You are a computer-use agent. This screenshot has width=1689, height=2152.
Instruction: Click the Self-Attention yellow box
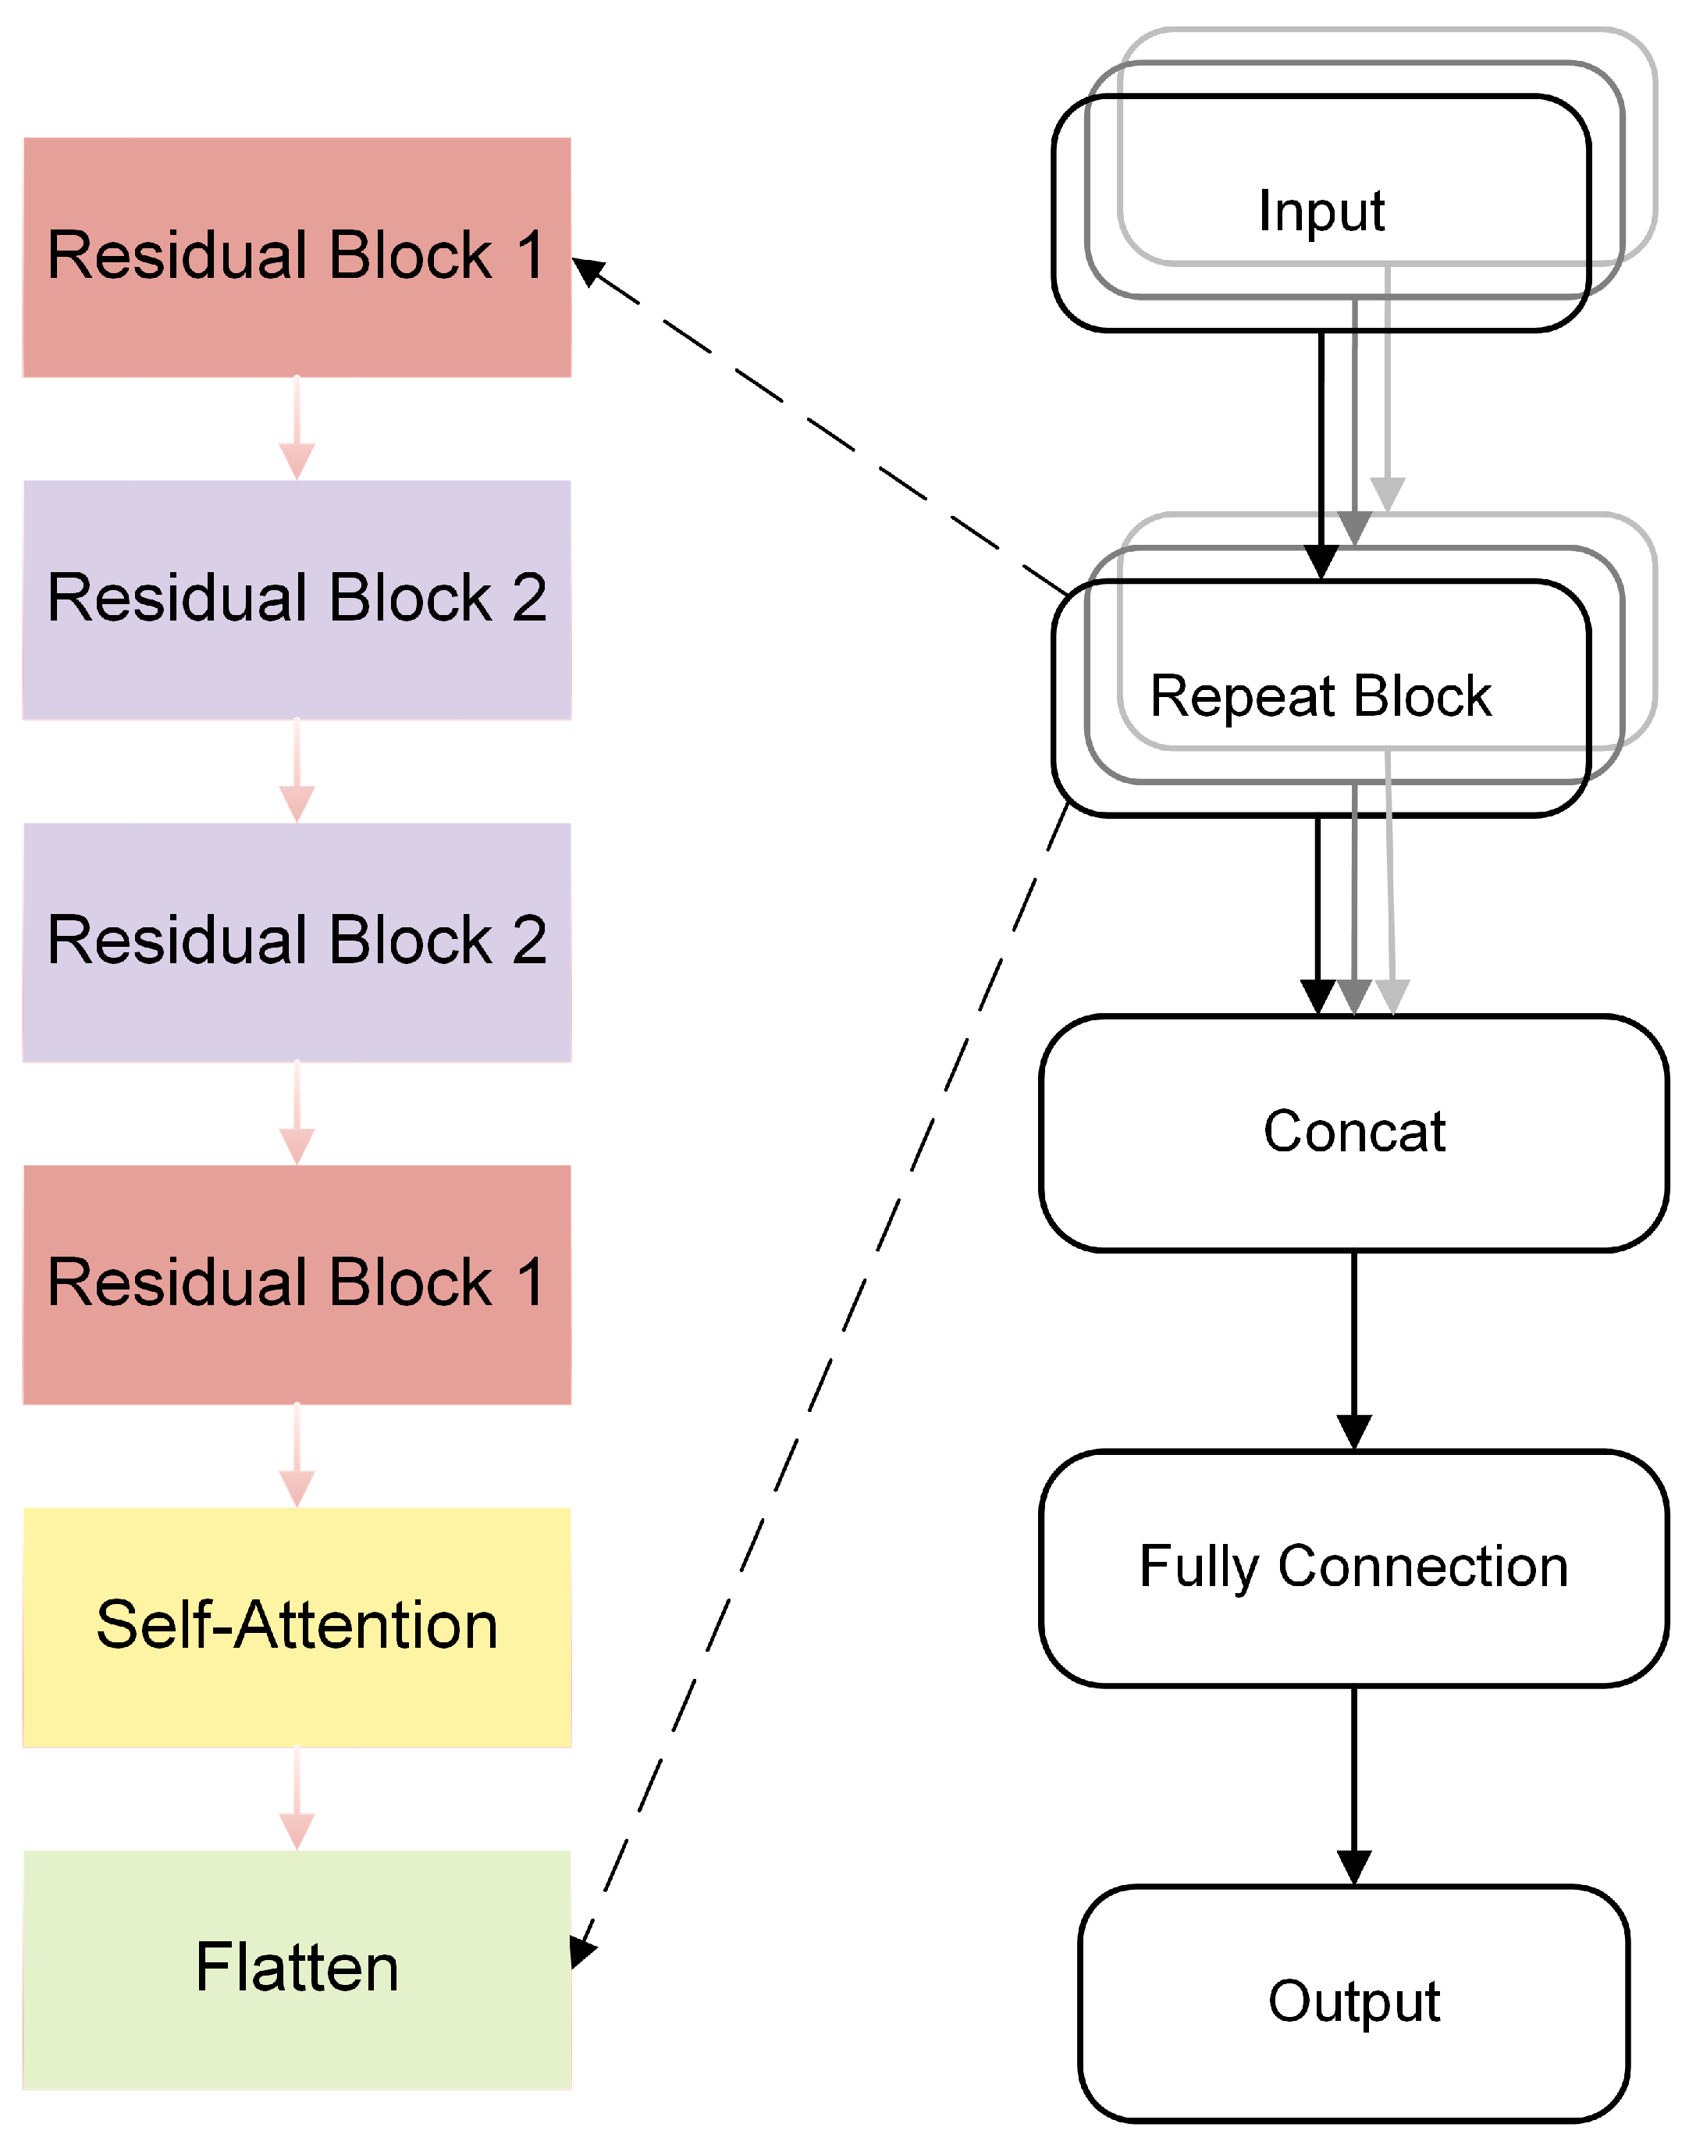297,1627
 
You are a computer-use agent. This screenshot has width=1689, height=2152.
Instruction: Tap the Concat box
1353,1133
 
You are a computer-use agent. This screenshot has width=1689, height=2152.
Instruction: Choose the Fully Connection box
1353,1567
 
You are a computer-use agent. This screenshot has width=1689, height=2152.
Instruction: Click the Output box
1353,2003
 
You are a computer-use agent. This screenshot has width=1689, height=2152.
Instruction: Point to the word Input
1321,212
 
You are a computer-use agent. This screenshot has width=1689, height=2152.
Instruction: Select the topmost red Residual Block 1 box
297,256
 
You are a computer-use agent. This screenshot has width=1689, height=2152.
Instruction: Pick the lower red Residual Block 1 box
297,1284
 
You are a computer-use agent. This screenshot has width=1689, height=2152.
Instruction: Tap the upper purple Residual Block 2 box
297,599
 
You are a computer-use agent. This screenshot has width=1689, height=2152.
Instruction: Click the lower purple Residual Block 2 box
297,941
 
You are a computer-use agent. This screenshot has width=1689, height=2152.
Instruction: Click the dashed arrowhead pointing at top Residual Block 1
588,270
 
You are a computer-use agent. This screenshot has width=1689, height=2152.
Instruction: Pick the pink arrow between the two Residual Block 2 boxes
297,770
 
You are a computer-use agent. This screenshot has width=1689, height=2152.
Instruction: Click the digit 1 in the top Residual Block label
531,256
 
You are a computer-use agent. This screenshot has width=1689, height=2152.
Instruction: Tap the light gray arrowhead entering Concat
1392,997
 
